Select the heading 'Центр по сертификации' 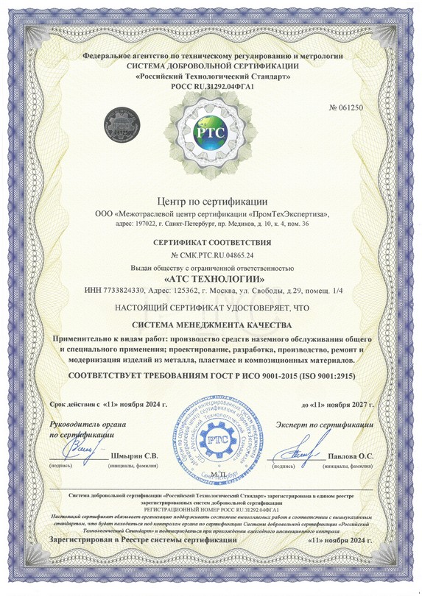click(x=211, y=200)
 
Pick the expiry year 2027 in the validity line click(x=358, y=404)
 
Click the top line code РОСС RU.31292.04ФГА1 click(x=211, y=87)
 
